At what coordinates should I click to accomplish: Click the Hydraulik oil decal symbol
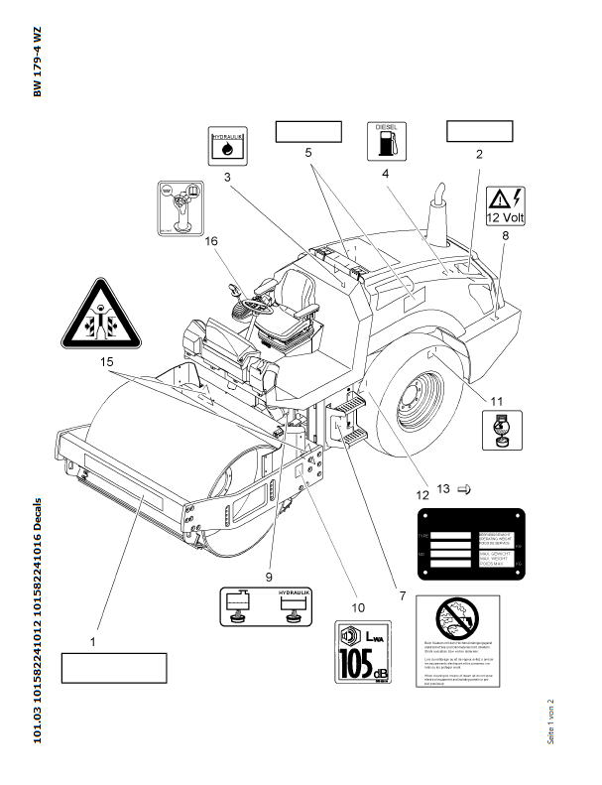point(227,146)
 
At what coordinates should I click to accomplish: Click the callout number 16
point(210,240)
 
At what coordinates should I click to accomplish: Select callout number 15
point(106,363)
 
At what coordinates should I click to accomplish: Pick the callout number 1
point(93,642)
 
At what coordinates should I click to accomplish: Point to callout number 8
point(505,235)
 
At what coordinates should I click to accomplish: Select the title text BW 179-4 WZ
point(38,62)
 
